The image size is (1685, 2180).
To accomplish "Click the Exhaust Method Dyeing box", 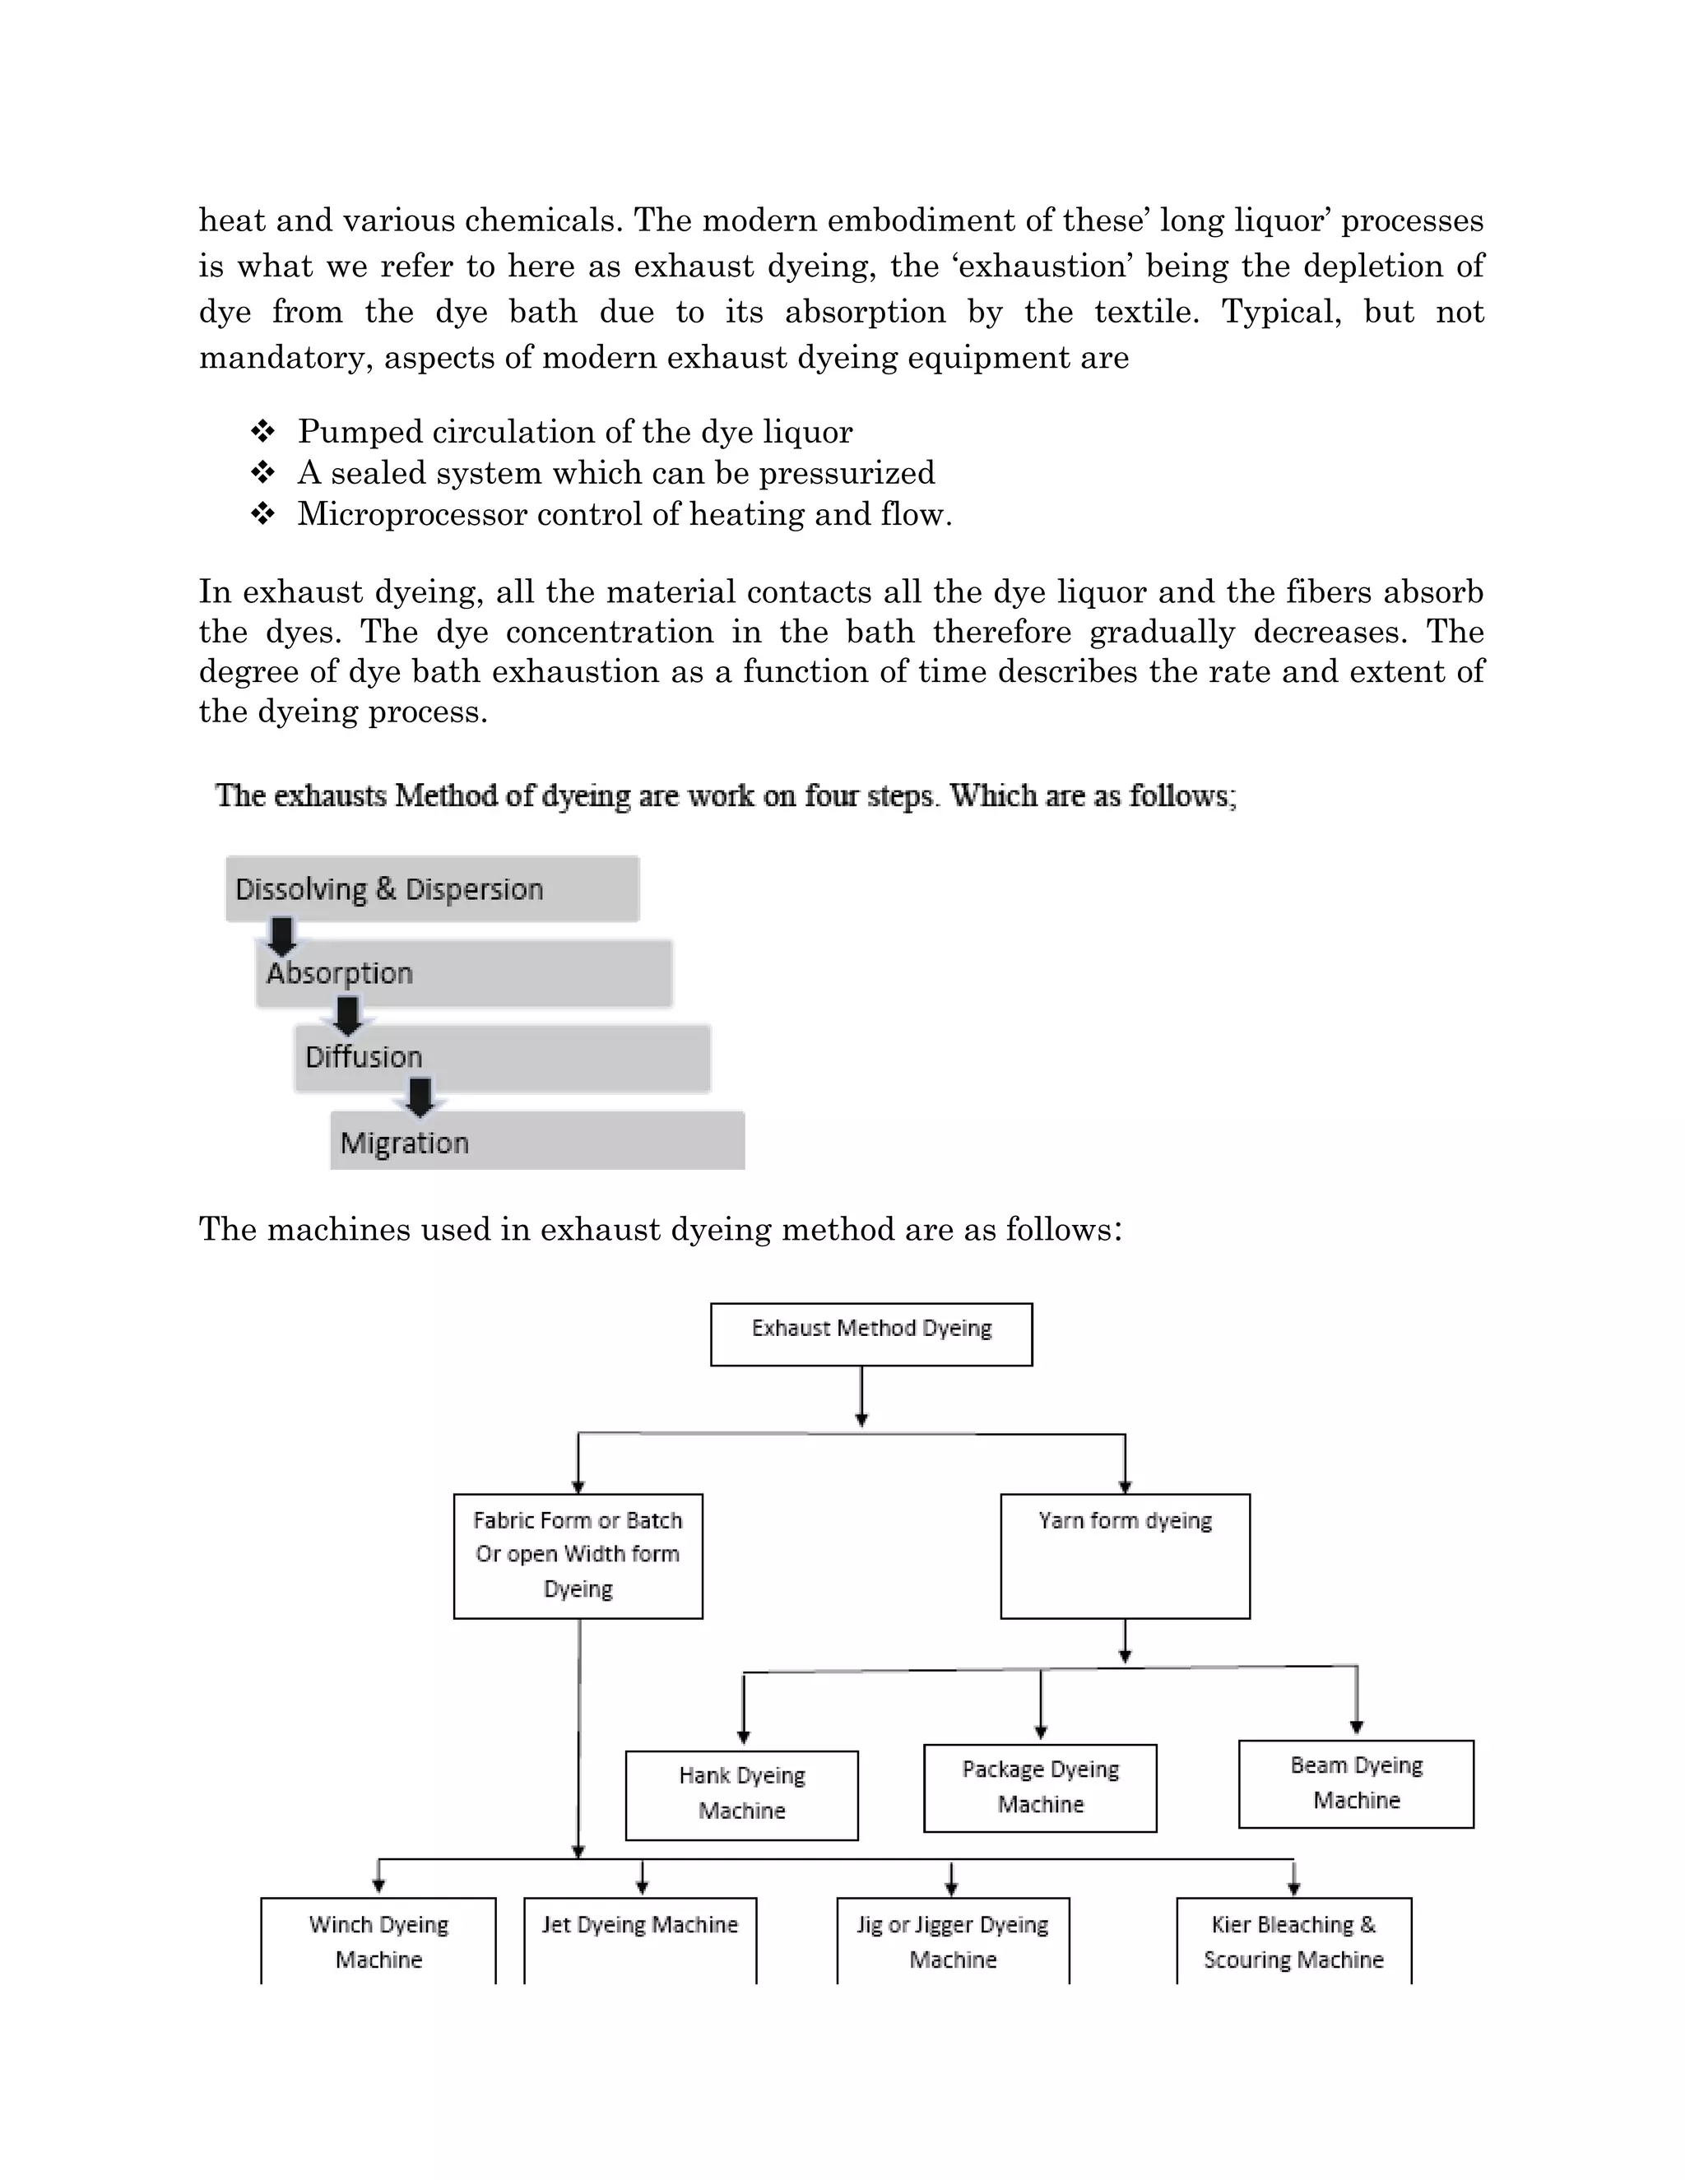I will tap(870, 1334).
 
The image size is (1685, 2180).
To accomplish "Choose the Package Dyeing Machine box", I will tap(1040, 1788).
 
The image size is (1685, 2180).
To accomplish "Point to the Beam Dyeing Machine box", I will tap(1356, 1783).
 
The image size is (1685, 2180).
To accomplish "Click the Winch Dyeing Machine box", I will tap(378, 1941).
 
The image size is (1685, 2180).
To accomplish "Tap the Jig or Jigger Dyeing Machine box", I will tap(952, 1941).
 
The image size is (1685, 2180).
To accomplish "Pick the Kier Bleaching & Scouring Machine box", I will tap(1293, 1941).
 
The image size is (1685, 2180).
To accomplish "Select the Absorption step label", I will tap(340, 973).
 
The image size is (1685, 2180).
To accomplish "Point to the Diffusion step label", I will tap(364, 1057).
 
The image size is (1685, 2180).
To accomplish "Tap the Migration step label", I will tap(404, 1143).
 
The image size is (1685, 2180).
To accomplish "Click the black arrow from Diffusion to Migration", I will tap(420, 1097).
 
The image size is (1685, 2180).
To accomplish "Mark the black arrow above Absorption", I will tap(282, 936).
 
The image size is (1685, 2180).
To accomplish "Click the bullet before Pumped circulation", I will tap(262, 431).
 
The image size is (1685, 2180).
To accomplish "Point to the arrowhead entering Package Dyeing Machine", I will tap(1040, 1732).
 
